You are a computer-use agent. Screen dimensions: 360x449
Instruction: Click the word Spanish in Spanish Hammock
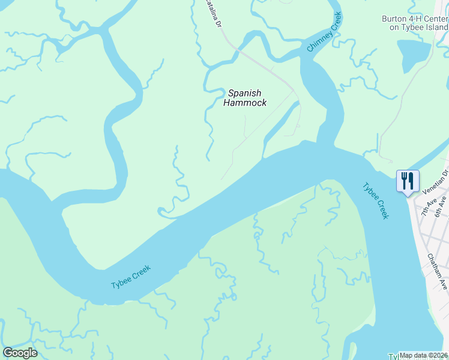pos(244,93)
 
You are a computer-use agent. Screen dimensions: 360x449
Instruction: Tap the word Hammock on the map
pos(244,103)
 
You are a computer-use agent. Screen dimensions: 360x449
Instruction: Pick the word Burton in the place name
pos(394,19)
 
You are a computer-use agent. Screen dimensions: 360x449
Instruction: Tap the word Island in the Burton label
pos(436,28)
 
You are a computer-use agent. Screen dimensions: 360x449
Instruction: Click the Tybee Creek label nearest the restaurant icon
pos(375,200)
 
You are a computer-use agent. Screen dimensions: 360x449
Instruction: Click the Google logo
pos(20,353)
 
